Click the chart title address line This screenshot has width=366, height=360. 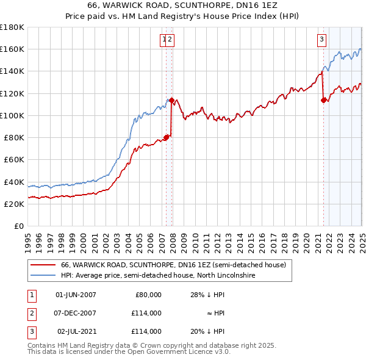click(183, 6)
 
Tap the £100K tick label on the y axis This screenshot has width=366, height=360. click(12, 115)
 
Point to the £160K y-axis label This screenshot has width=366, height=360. click(12, 49)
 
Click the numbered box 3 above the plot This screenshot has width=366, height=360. click(321, 40)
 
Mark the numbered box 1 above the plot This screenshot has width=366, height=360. click(164, 40)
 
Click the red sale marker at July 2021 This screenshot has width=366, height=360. click(323, 100)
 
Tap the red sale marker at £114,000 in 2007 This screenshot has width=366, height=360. click(172, 100)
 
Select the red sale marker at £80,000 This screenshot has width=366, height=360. click(166, 137)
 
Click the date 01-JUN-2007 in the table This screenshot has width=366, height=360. click(76, 295)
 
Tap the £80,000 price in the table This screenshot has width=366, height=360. click(146, 295)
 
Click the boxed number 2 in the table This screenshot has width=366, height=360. click(30, 313)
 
